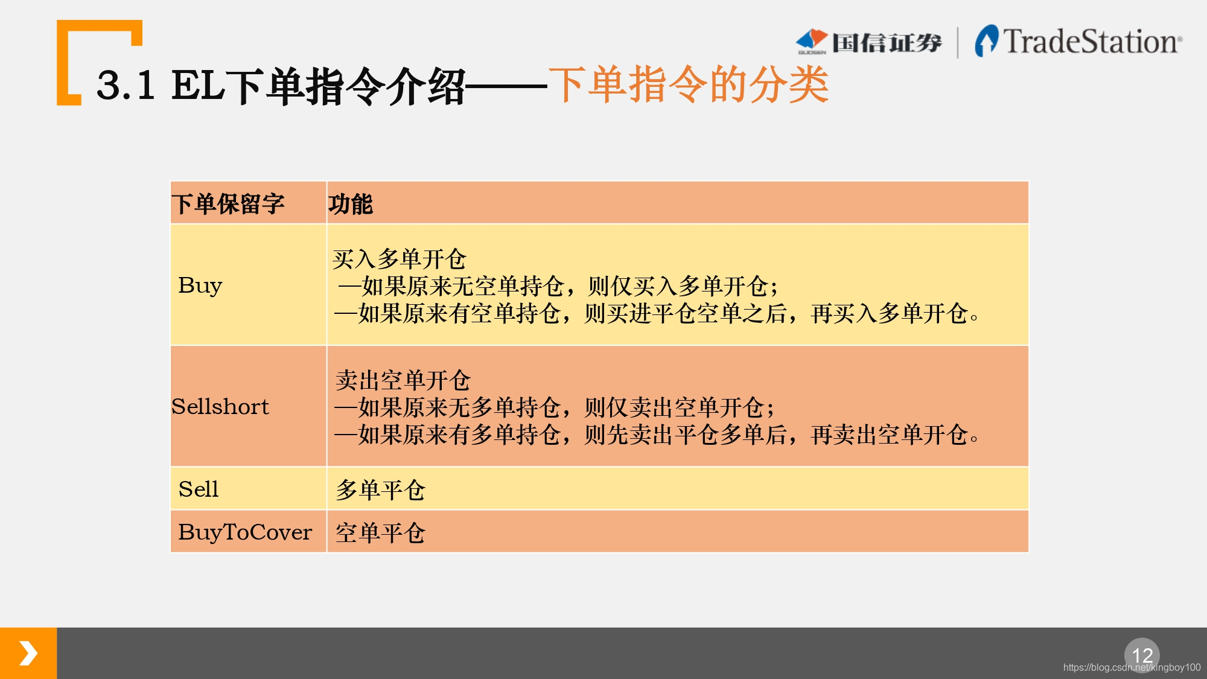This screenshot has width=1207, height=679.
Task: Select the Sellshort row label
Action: pos(220,406)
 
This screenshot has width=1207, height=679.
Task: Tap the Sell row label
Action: pos(199,489)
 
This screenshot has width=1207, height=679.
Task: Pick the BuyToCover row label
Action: pos(245,532)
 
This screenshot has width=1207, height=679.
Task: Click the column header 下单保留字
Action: pos(228,204)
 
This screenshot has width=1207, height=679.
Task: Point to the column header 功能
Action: pos(351,204)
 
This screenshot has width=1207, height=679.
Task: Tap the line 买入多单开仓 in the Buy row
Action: pos(400,259)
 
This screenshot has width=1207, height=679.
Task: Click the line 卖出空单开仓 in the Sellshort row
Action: pos(403,380)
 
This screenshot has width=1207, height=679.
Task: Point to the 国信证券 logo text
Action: pos(887,43)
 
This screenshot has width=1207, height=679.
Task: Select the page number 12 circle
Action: pos(1142,655)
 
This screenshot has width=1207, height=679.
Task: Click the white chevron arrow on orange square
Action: pos(28,653)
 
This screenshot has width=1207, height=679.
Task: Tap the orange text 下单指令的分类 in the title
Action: pos(689,84)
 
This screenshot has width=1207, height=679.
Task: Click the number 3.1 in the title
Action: pos(126,85)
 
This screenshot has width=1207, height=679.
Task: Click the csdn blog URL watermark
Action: pos(1132,667)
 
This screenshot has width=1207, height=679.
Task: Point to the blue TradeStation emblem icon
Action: pos(987,40)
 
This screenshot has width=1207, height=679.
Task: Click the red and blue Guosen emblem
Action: pos(812,41)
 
